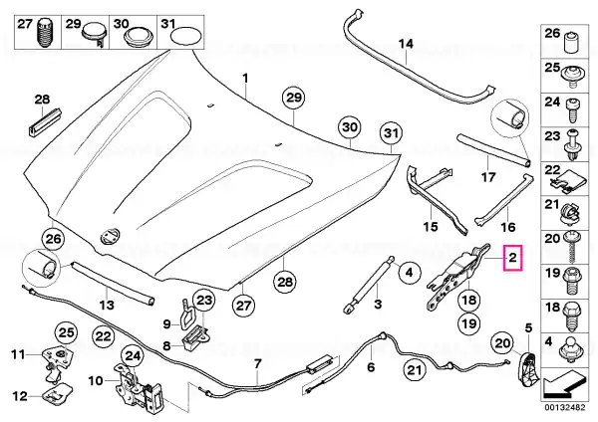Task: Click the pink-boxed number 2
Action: tap(513, 258)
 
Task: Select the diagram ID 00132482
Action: tap(564, 407)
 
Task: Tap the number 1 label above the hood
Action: tap(245, 79)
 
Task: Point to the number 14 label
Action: tap(406, 44)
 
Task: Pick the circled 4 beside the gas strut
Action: tap(408, 272)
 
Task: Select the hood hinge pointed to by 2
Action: tap(455, 275)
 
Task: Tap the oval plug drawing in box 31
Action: tap(186, 37)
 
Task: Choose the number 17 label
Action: tap(488, 177)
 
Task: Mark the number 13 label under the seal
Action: tap(107, 305)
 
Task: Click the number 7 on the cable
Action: tap(257, 364)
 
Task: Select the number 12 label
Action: tap(20, 396)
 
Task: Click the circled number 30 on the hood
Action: tap(350, 127)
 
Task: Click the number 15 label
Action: tap(431, 227)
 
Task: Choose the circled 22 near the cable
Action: tap(103, 336)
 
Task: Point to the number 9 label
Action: tap(167, 324)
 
